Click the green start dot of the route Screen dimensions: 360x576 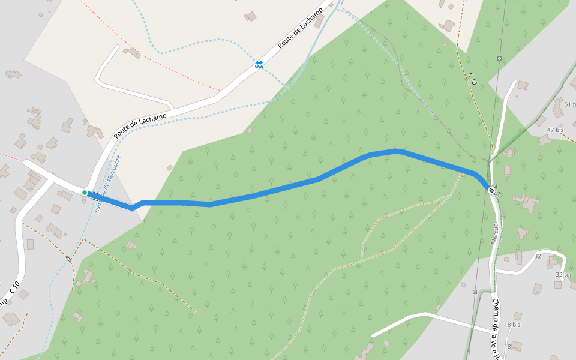[x=85, y=193]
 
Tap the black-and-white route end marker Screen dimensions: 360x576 [x=491, y=190]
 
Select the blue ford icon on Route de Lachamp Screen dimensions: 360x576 [x=259, y=64]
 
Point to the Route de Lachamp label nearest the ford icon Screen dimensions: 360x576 [x=300, y=29]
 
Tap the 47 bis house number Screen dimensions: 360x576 [x=555, y=130]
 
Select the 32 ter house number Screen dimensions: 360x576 [x=563, y=274]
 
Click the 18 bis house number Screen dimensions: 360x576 [x=512, y=325]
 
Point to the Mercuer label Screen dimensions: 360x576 [x=495, y=233]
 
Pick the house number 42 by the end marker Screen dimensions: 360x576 [x=497, y=194]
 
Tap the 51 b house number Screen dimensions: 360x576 [x=567, y=104]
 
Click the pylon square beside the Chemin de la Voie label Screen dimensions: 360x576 [x=475, y=292]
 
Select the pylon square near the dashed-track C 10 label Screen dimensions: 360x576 [x=499, y=58]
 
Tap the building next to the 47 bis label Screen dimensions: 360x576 [x=545, y=141]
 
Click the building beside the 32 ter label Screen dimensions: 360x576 [x=557, y=284]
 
